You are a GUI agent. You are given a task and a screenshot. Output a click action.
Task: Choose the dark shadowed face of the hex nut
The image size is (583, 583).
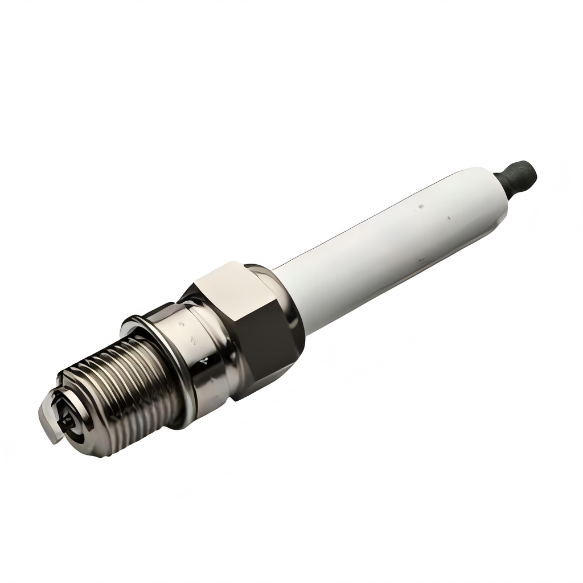(262, 347)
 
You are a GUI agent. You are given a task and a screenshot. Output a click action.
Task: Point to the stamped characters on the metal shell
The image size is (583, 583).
(194, 336)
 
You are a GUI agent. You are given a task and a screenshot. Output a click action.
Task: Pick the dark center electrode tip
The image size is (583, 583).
(67, 421)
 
